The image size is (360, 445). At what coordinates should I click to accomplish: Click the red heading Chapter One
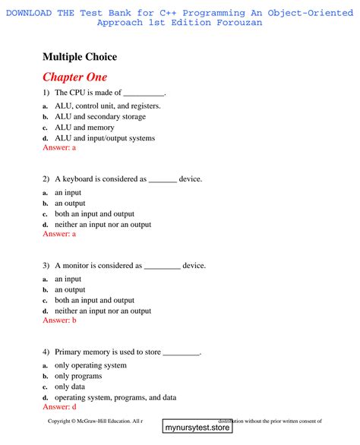click(74, 77)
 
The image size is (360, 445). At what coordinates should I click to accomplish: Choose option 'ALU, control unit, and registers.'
click(107, 106)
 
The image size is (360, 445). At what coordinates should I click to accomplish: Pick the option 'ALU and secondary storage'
click(96, 117)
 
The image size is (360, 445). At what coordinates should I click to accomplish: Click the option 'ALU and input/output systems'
click(104, 138)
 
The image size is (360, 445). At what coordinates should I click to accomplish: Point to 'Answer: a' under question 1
click(59, 148)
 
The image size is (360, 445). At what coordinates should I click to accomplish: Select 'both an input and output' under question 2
click(94, 214)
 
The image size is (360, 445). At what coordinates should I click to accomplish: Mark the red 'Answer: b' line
click(59, 321)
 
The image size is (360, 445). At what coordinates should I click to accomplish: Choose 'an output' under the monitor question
click(70, 290)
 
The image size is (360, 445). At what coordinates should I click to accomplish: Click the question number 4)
click(46, 352)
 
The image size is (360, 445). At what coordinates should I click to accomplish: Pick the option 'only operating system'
click(90, 365)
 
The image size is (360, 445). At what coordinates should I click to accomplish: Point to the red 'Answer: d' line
click(59, 407)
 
